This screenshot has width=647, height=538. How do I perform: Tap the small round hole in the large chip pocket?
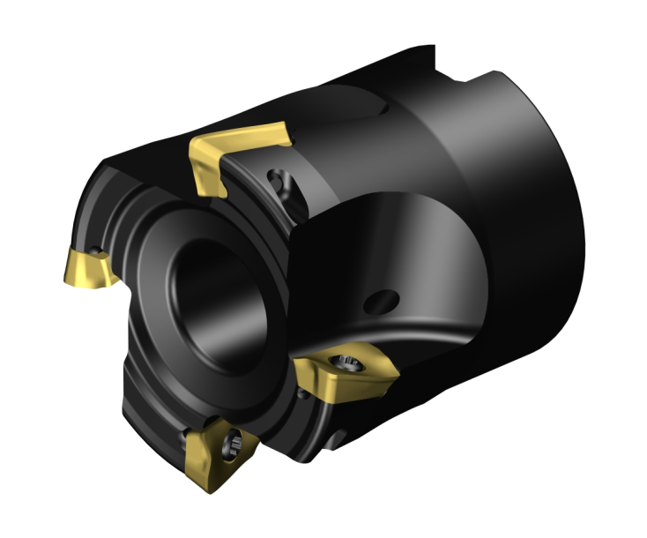[x=381, y=302]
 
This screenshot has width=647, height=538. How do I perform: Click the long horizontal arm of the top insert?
[x=256, y=138]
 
